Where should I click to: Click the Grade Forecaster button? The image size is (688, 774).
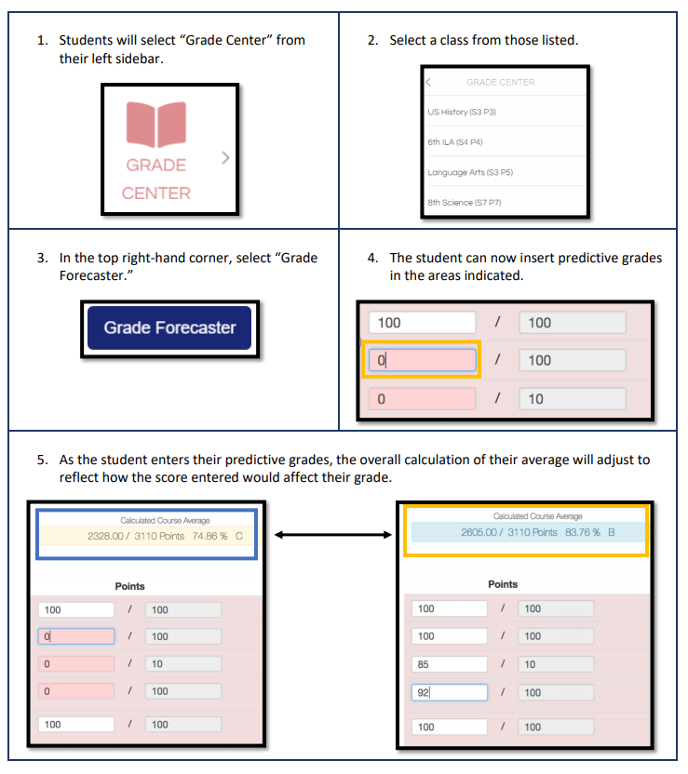pyautogui.click(x=169, y=327)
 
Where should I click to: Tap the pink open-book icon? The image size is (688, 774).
pyautogui.click(x=156, y=125)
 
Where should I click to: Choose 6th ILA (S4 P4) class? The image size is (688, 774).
pyautogui.click(x=455, y=141)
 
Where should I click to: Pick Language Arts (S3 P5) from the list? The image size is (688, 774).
pyautogui.click(x=470, y=172)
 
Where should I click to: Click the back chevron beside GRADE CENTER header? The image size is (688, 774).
pyautogui.click(x=428, y=82)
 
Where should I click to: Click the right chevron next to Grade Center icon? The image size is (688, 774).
pyautogui.click(x=224, y=159)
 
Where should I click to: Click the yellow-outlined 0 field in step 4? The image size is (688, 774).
pyautogui.click(x=421, y=360)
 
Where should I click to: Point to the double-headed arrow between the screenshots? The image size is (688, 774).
pyautogui.click(x=331, y=535)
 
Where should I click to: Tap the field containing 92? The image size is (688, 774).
pyautogui.click(x=449, y=692)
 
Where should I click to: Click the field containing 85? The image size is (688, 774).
pyautogui.click(x=449, y=664)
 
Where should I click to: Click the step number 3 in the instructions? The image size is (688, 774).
pyautogui.click(x=40, y=258)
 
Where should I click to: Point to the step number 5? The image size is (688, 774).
pyautogui.click(x=40, y=460)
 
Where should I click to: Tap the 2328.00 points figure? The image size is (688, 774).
pyautogui.click(x=109, y=537)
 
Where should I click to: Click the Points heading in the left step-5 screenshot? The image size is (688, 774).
pyautogui.click(x=129, y=586)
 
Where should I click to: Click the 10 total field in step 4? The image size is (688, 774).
pyautogui.click(x=572, y=399)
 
